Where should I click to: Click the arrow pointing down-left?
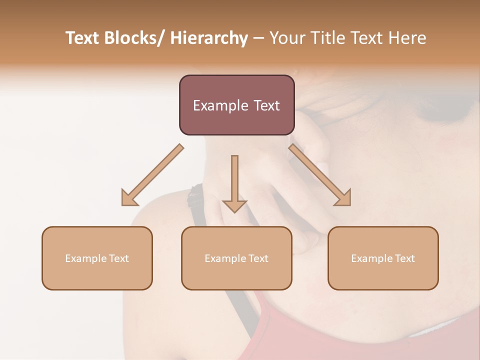click(152, 175)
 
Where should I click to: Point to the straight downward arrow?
click(234, 182)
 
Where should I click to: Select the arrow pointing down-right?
click(320, 175)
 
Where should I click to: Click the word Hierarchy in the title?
click(209, 38)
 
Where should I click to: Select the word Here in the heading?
click(407, 38)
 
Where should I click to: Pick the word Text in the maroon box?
click(266, 105)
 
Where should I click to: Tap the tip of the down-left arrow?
click(123, 204)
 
